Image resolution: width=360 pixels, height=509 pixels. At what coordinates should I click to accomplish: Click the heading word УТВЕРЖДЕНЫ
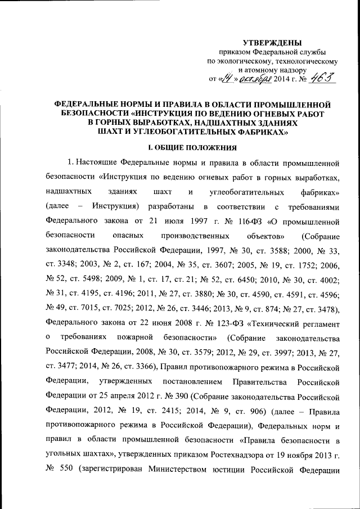click(272, 43)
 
